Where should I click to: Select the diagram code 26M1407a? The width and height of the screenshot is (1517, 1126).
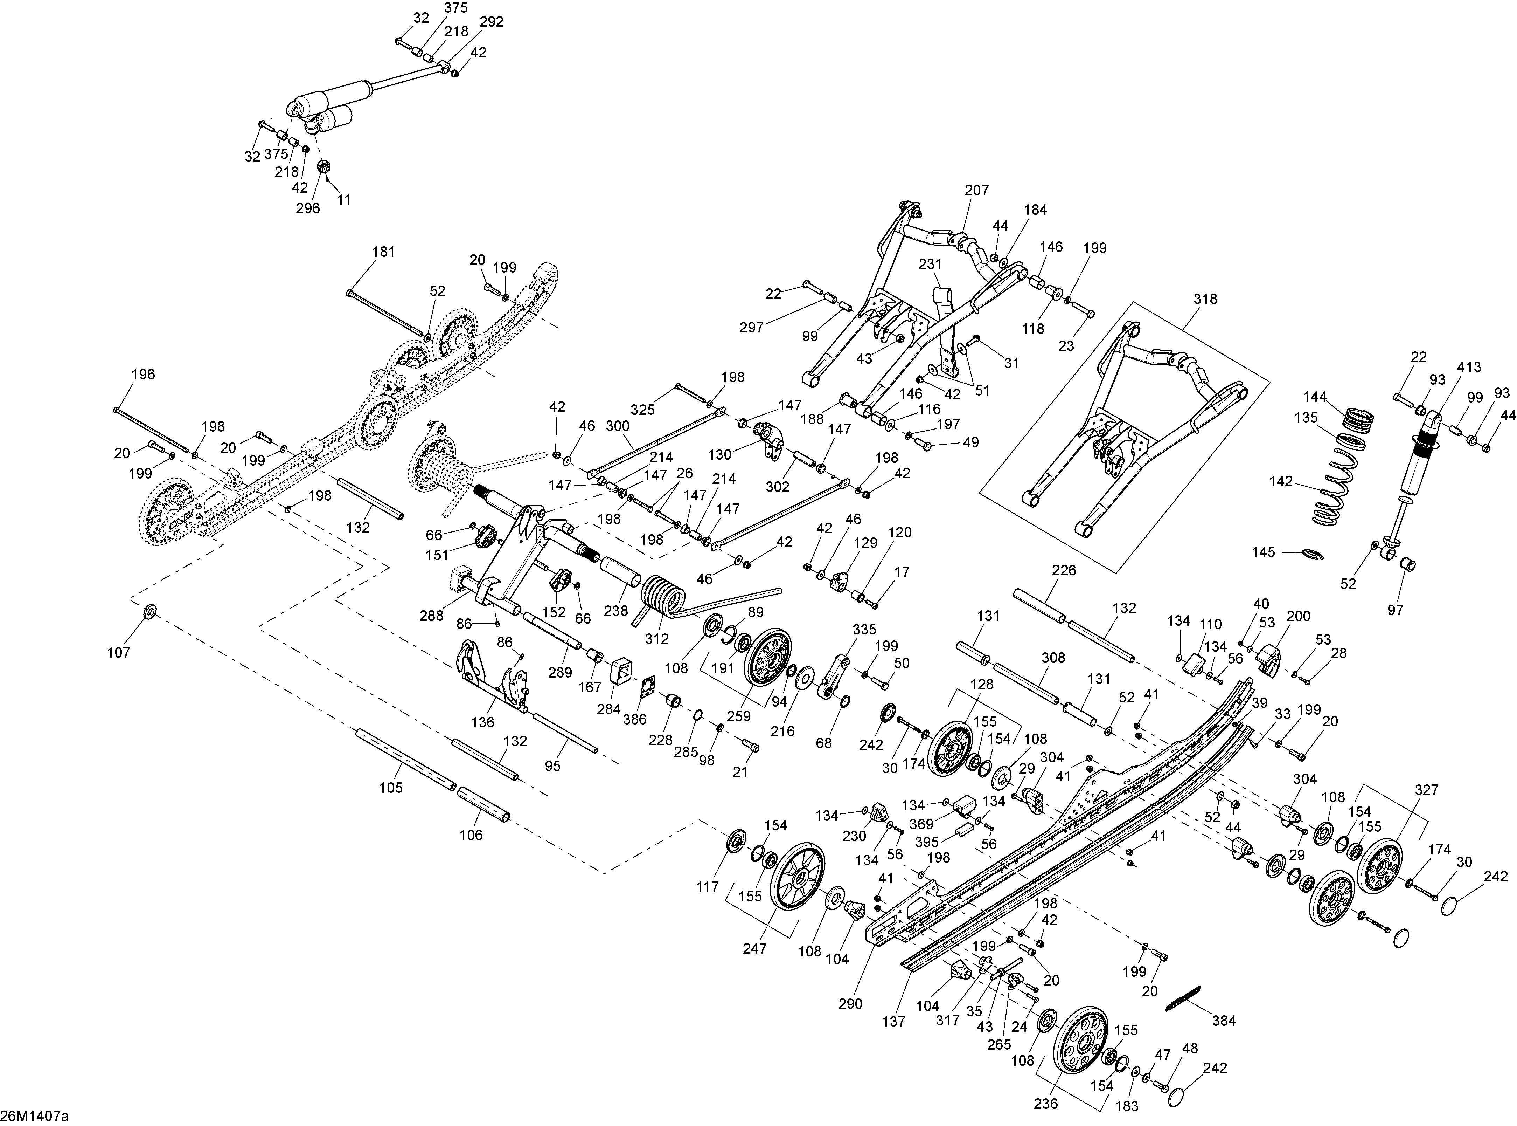35,1116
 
